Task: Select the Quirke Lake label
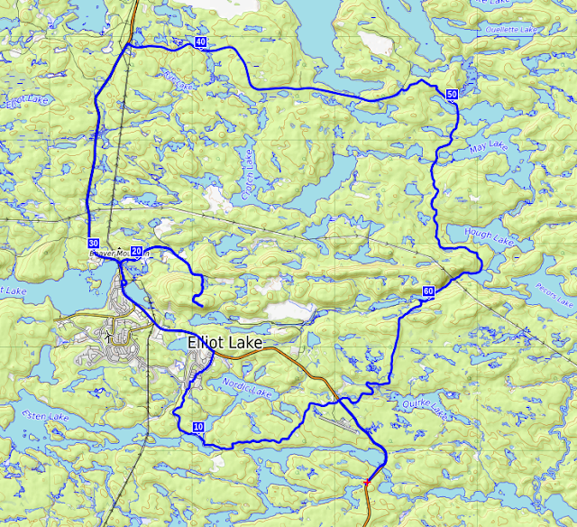(424, 410)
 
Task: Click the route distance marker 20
(137, 251)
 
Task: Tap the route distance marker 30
(94, 244)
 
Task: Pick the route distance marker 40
(200, 42)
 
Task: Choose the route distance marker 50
(451, 94)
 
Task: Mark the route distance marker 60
(428, 291)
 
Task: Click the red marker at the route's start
(367, 483)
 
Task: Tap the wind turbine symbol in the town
(109, 336)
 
